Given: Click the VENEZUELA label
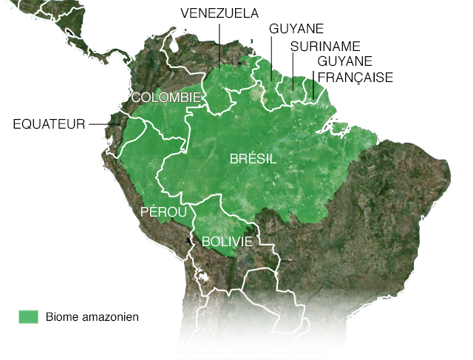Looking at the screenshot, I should pos(220,13).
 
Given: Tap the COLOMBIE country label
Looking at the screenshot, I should pos(166,98).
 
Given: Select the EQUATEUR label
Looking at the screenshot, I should pos(50,123).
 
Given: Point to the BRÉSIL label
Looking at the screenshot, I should pos(253,159).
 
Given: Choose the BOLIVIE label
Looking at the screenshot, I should pos(227,242).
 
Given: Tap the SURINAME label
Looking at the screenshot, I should pos(324,46).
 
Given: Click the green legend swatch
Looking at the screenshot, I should pos(28,316).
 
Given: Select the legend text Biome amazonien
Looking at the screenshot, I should pos(92,317).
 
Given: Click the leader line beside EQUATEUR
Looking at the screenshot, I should pos(101,123).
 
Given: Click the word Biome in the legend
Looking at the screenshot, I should pos(61,317).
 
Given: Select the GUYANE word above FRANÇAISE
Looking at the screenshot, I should pos(344,61).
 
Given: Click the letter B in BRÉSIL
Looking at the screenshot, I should pos(234,159).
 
